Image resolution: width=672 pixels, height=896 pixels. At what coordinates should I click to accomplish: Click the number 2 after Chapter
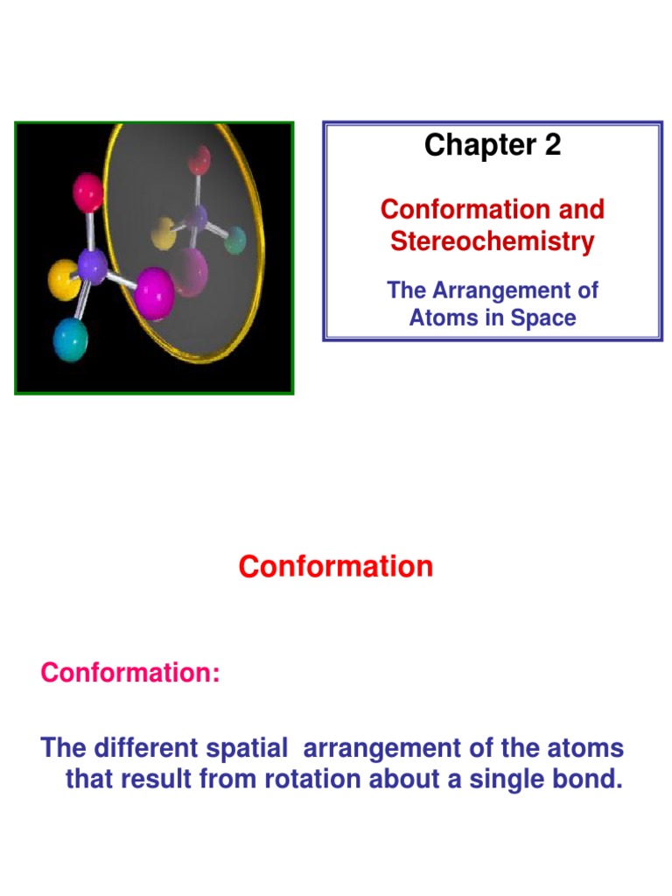pos(551,146)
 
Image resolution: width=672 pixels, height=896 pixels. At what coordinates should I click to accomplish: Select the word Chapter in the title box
pos(479,146)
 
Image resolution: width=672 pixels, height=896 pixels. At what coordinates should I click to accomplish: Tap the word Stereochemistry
pos(492,241)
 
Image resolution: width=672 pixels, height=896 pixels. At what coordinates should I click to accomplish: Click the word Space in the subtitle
pos(545,317)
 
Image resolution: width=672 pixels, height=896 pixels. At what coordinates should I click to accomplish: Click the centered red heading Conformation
pos(335,566)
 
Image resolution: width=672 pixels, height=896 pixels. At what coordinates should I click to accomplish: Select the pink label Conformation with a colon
pos(130,673)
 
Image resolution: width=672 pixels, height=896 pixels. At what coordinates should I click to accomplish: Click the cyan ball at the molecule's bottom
pos(71,340)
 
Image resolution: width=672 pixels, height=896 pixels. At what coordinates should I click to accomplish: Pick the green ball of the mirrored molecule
pos(234,241)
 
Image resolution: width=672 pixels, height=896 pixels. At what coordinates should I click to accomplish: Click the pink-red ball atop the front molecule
pos(88,192)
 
